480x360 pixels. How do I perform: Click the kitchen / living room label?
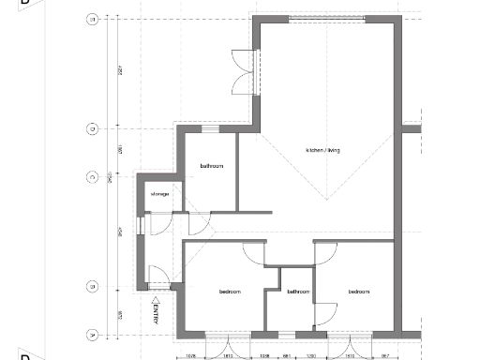(322, 150)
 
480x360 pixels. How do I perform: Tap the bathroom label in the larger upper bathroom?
(211, 166)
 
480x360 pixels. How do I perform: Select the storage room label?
(159, 194)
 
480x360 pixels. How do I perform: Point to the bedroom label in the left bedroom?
(230, 292)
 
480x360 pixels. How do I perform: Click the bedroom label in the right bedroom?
(359, 292)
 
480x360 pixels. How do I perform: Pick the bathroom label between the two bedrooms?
(298, 292)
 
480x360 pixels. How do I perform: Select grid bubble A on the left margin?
(93, 334)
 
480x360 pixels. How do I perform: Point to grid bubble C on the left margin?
(93, 176)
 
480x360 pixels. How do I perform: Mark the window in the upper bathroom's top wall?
(211, 128)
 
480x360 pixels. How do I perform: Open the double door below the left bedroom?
(228, 343)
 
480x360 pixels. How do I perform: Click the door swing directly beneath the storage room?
(160, 225)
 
